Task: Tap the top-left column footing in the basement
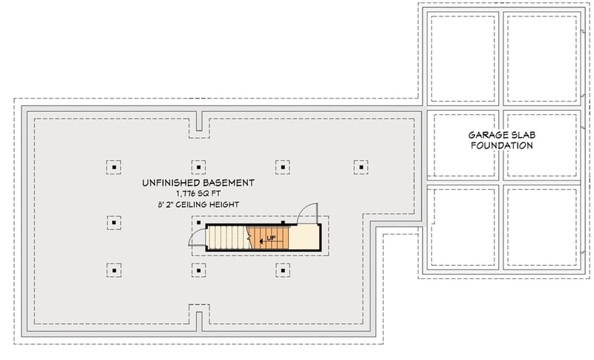pyautogui.click(x=114, y=167)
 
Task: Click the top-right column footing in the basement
pyautogui.click(x=361, y=167)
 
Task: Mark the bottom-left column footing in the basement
pyautogui.click(x=114, y=269)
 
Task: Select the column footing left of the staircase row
pyautogui.click(x=114, y=220)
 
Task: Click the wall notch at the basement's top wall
pyautogui.click(x=198, y=122)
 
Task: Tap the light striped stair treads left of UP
pyautogui.click(x=226, y=238)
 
